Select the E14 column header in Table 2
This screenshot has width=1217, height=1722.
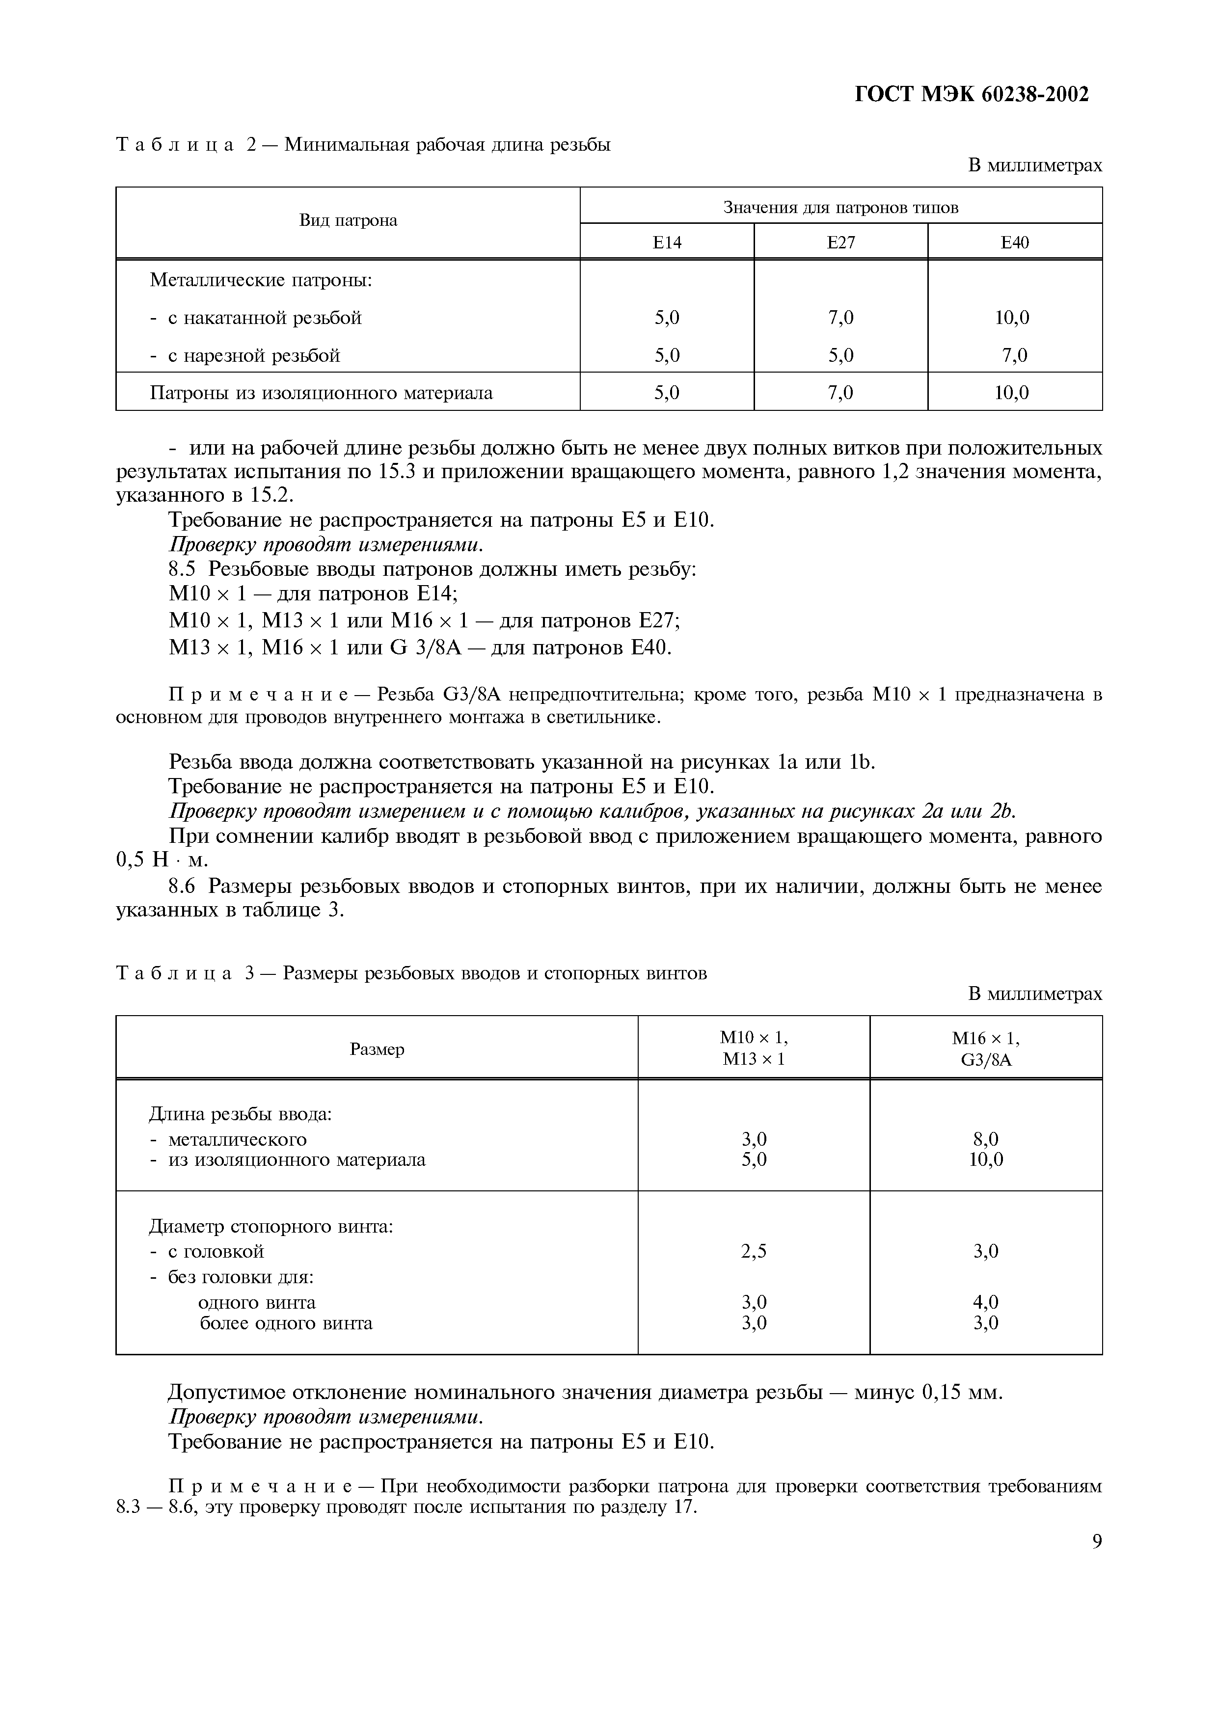click(x=667, y=242)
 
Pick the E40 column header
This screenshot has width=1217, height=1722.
click(x=1015, y=242)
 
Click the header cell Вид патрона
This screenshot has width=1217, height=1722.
click(x=348, y=220)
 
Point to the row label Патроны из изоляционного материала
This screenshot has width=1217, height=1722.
click(x=321, y=393)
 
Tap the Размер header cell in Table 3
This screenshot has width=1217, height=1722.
click(x=377, y=1049)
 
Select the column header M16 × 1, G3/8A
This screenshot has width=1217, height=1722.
click(x=985, y=1049)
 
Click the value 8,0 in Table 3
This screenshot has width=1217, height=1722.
click(x=985, y=1139)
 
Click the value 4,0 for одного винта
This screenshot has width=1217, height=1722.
click(x=985, y=1302)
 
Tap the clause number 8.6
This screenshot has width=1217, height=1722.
click(x=185, y=887)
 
